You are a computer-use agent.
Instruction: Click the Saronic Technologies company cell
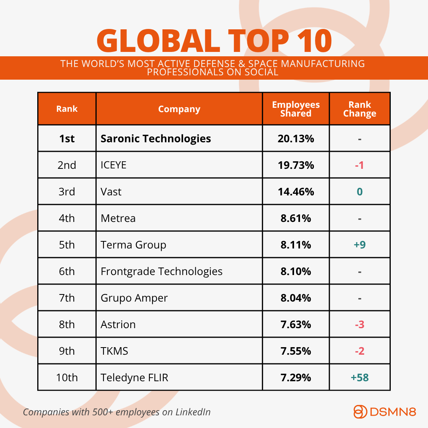156,138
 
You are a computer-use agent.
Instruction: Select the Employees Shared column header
296,109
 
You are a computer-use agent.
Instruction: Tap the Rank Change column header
359,109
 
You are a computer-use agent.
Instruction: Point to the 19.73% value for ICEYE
296,165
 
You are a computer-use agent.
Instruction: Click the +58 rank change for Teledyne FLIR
359,378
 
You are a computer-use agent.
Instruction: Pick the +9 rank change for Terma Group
359,245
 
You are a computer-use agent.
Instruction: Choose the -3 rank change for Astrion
359,325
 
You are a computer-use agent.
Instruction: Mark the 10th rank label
67,378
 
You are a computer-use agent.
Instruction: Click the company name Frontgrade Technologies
161,271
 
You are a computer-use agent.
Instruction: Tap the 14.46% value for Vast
296,192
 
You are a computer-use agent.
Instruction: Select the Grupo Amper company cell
134,298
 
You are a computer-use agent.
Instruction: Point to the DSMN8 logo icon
360,412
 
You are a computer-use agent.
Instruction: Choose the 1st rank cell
67,138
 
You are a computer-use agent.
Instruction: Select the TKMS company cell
114,351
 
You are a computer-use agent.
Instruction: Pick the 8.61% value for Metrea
296,218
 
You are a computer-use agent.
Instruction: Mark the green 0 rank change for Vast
359,192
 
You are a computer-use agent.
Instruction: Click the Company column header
179,109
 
